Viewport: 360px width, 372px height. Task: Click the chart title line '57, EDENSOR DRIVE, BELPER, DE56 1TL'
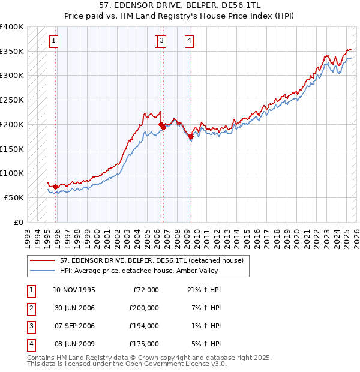(x=180, y=6)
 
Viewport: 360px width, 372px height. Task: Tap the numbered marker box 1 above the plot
(x=54, y=41)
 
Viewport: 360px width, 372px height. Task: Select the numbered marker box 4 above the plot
(x=189, y=41)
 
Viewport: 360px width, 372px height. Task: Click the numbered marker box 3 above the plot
(x=163, y=41)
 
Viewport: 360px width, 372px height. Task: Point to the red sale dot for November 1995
(x=56, y=187)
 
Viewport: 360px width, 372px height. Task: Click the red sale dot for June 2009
(x=191, y=137)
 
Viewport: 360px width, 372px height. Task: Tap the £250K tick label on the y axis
(x=12, y=100)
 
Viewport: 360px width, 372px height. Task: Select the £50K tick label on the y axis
(x=14, y=197)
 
